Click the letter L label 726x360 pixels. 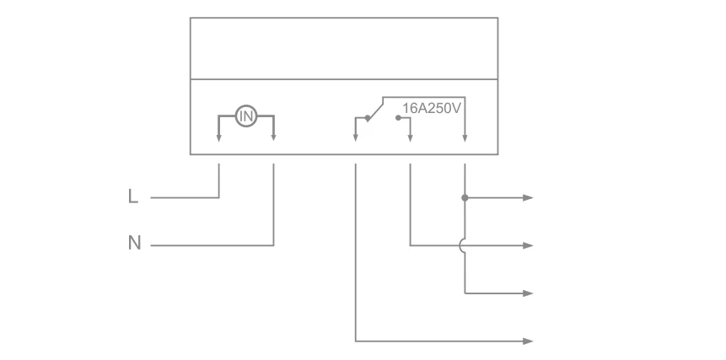(x=133, y=197)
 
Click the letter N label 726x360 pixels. (x=134, y=244)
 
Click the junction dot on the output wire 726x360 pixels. (x=465, y=198)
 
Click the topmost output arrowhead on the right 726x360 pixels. (x=528, y=198)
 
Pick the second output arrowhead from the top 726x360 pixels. (x=528, y=245)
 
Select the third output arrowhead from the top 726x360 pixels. (x=528, y=293)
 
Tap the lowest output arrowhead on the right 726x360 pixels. (x=528, y=341)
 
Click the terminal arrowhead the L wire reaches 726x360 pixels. (x=218, y=137)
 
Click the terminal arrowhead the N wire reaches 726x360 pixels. (x=274, y=137)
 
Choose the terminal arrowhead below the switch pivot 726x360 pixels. (x=355, y=137)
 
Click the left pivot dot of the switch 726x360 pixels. (x=367, y=119)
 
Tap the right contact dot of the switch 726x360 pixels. (x=397, y=119)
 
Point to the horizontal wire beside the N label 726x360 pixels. (x=211, y=245)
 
